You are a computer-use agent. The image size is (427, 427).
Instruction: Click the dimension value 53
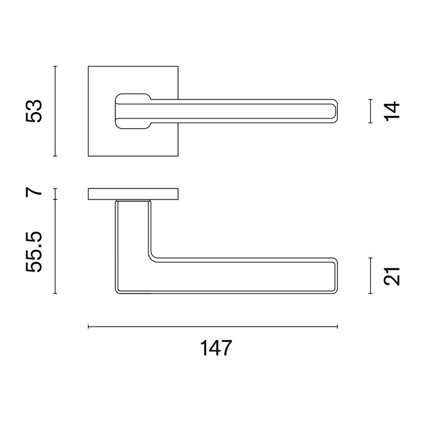(x=35, y=111)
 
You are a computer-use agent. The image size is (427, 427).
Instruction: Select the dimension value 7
(x=35, y=192)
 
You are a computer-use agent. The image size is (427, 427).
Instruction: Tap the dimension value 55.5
(x=35, y=251)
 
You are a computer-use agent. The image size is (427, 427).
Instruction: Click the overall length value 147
(x=216, y=348)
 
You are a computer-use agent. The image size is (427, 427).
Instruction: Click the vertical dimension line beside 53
(x=56, y=111)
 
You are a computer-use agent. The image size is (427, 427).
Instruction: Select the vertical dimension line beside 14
(x=371, y=110)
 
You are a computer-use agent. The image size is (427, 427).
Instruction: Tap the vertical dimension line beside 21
(x=371, y=276)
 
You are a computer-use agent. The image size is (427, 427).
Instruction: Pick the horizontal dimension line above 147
(x=213, y=327)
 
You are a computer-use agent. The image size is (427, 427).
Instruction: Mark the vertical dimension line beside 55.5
(x=56, y=247)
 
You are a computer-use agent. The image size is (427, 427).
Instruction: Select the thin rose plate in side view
(x=133, y=195)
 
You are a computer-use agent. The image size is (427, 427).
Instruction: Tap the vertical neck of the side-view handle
(x=132, y=226)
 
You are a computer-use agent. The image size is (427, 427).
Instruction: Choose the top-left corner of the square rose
(x=89, y=66)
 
